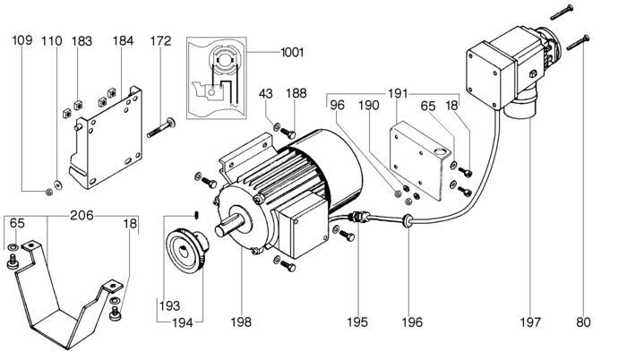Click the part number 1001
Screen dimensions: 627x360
(x=292, y=53)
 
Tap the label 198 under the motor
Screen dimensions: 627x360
(x=241, y=321)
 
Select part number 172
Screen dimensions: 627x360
(x=160, y=41)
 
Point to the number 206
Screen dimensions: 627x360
(x=82, y=215)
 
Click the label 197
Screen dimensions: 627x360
(x=530, y=321)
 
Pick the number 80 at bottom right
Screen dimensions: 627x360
(x=583, y=321)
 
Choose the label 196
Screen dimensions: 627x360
(x=412, y=321)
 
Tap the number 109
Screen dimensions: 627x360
(x=22, y=40)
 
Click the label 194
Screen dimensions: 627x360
(x=183, y=322)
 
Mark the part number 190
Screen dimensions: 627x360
(x=368, y=105)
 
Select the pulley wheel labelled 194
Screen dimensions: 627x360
(x=187, y=251)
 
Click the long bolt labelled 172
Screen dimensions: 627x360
(x=163, y=128)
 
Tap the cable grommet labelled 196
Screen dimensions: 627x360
(x=407, y=220)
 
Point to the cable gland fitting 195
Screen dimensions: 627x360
(x=359, y=218)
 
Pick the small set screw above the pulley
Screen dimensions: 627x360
(x=198, y=215)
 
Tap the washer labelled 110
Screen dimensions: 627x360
(x=59, y=184)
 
